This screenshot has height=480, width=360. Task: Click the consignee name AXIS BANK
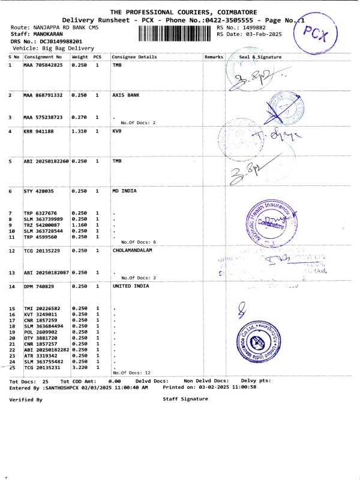pyautogui.click(x=126, y=95)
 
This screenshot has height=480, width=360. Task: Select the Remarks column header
pyautogui.click(x=214, y=57)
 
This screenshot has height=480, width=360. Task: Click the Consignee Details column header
pyautogui.click(x=134, y=57)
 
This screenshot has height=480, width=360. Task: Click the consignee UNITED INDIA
pyautogui.click(x=131, y=287)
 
